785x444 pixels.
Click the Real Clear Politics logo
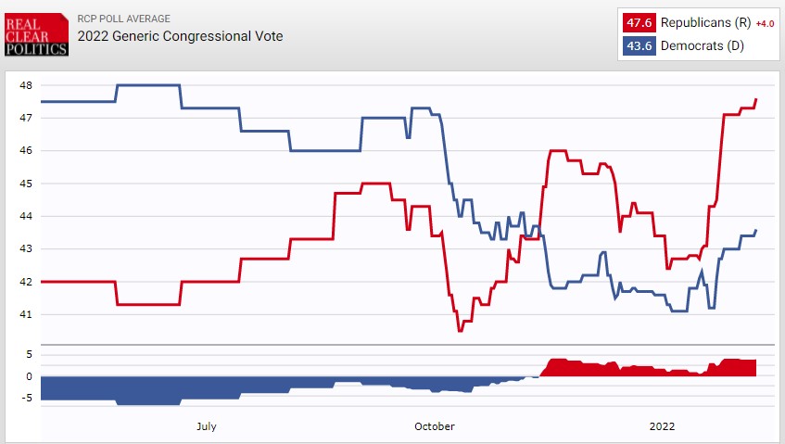[x=36, y=34]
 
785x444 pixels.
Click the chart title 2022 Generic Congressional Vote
[x=180, y=36]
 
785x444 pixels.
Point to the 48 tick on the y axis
[x=26, y=85]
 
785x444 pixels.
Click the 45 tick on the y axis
[x=26, y=184]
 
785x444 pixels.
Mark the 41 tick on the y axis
[x=26, y=314]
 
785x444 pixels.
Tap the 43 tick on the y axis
[x=26, y=248]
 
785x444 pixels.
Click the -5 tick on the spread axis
[x=28, y=399]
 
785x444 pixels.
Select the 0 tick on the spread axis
[x=30, y=376]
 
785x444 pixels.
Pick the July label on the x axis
[x=207, y=426]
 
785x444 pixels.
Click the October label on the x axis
[x=434, y=426]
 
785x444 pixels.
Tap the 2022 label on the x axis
[x=662, y=426]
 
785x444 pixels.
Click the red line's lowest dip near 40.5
[x=460, y=330]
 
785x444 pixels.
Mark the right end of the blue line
[x=756, y=230]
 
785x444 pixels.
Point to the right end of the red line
[x=756, y=99]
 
